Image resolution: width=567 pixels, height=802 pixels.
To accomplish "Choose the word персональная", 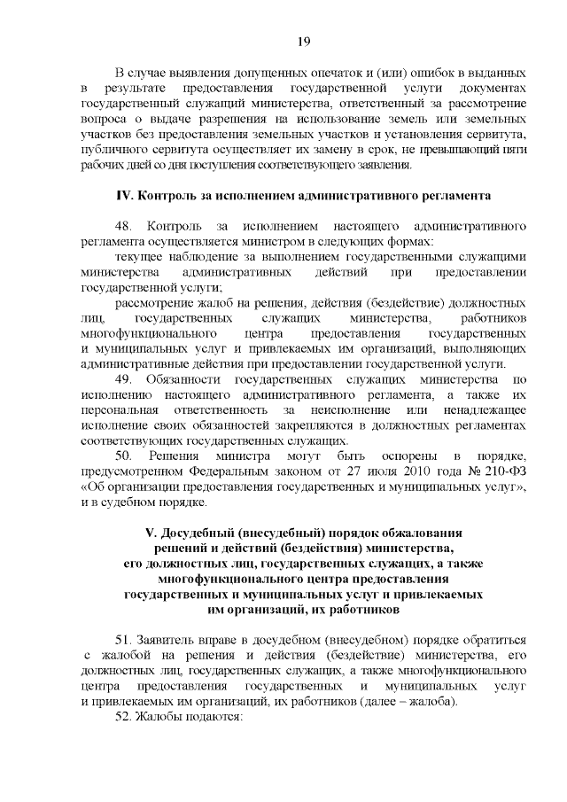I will point(119,410).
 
